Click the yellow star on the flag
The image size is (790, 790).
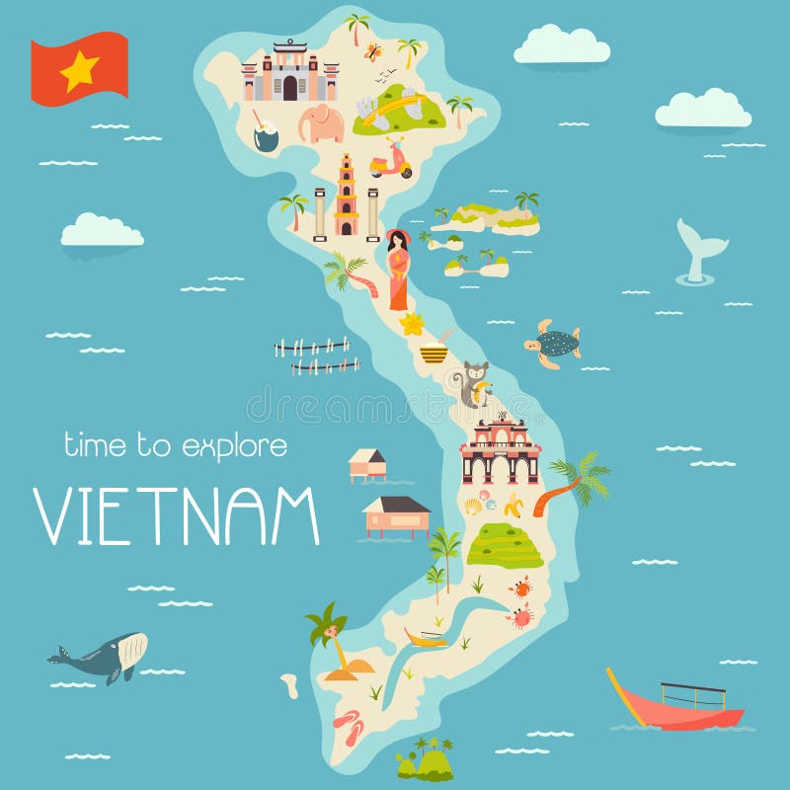[80, 70]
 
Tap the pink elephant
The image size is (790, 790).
[322, 124]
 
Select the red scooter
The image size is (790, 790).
[391, 160]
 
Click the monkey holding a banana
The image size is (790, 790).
[473, 384]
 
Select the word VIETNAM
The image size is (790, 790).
[178, 514]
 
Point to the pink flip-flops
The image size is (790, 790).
[348, 725]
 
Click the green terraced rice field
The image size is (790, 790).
[504, 546]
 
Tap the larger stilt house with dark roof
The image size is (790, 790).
[396, 514]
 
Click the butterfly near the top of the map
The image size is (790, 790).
[372, 51]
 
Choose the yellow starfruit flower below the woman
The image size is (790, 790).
[412, 324]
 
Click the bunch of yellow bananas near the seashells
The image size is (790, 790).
[513, 507]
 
